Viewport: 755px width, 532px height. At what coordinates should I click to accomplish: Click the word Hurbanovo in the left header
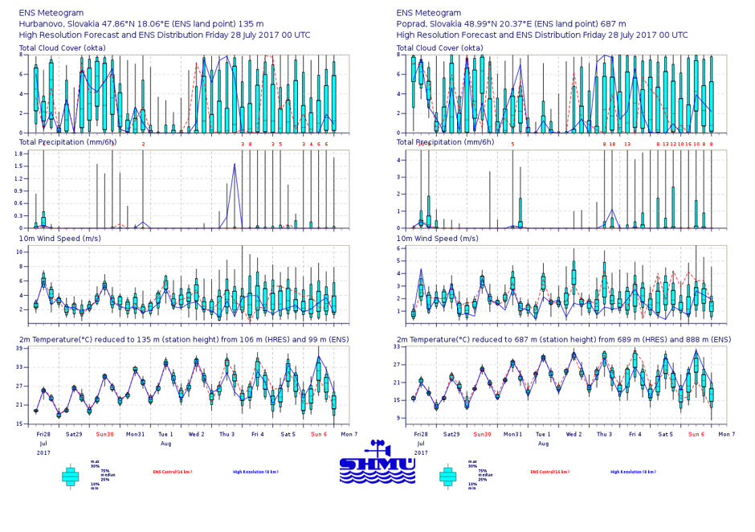click(x=44, y=24)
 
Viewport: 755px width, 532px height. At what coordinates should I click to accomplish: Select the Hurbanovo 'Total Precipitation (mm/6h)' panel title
click(x=70, y=142)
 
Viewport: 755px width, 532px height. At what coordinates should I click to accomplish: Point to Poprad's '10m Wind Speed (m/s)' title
click(x=437, y=238)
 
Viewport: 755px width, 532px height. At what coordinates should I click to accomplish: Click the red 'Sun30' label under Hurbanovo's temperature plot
click(x=104, y=434)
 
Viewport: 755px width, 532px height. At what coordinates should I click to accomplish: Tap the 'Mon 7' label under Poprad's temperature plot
click(x=726, y=434)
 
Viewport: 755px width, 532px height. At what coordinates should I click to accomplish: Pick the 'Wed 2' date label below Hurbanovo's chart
click(x=196, y=434)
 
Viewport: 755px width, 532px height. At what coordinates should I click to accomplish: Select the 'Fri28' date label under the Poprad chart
click(x=420, y=434)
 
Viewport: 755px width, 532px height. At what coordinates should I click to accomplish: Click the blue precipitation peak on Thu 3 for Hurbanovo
click(x=235, y=165)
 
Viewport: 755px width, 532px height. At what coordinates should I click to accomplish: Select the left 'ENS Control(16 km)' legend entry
click(x=172, y=473)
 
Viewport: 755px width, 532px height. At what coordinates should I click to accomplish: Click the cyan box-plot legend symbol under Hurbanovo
click(x=71, y=476)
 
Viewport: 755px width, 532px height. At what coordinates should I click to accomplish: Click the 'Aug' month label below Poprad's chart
click(x=543, y=443)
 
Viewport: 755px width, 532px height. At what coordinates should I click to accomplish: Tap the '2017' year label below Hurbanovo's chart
click(x=43, y=452)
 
